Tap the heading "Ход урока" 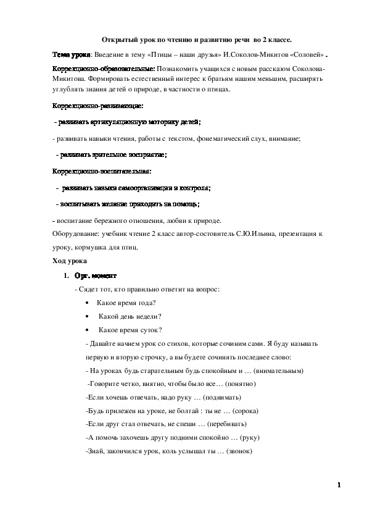click(69, 262)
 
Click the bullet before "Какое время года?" click(90, 303)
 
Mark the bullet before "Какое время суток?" click(90, 330)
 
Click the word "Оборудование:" click(74, 235)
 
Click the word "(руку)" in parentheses click(251, 438)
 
